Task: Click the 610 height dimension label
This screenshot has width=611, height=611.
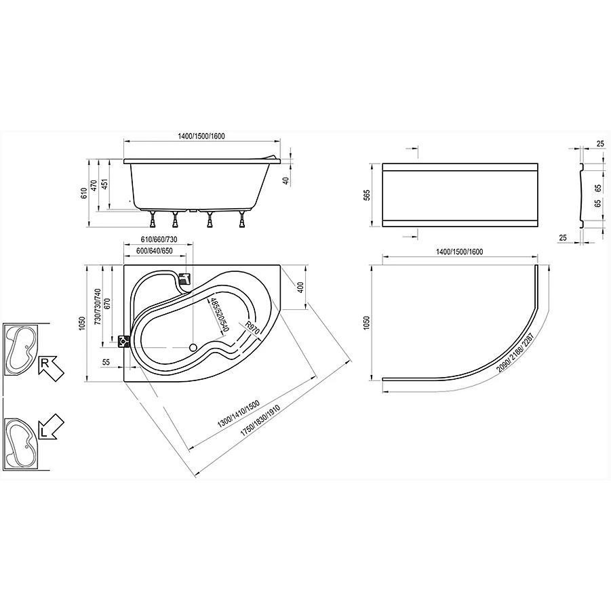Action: click(x=83, y=193)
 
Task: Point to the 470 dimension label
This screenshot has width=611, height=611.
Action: click(x=94, y=184)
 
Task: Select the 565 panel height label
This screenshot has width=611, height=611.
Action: click(x=367, y=195)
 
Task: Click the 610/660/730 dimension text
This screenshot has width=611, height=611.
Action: click(x=159, y=239)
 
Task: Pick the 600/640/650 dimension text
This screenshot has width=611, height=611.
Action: click(x=155, y=251)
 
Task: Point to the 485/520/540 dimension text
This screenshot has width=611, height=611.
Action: click(x=219, y=315)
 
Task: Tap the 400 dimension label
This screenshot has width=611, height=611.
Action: click(x=300, y=287)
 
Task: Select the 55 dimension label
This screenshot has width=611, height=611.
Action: click(x=106, y=362)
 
